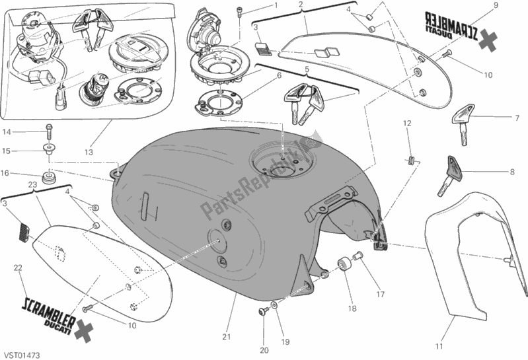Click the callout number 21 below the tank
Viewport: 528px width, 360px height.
pyautogui.click(x=226, y=338)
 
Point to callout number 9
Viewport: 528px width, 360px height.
pyautogui.click(x=495, y=6)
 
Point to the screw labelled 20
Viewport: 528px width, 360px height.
pyautogui.click(x=263, y=310)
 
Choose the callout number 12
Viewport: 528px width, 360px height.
pyautogui.click(x=407, y=124)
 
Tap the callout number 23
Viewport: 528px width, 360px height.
pyautogui.click(x=31, y=184)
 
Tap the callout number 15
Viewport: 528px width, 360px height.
pyautogui.click(x=6, y=151)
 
